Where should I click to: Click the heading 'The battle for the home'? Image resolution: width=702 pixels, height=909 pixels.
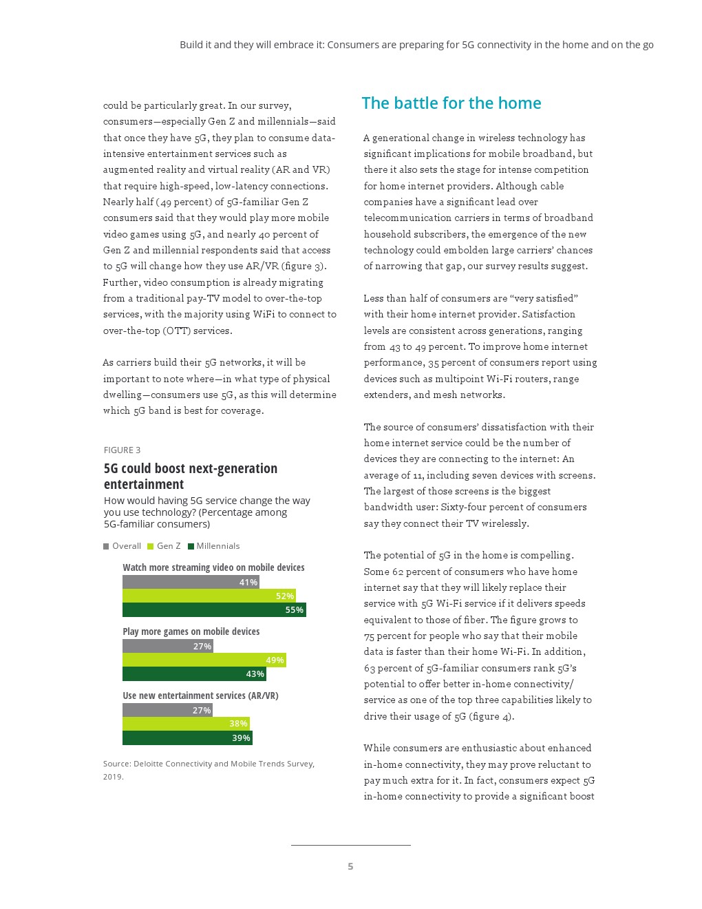pos(451,103)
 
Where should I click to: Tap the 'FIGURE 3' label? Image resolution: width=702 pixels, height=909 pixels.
pos(122,450)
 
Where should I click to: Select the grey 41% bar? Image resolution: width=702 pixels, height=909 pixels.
pos(191,583)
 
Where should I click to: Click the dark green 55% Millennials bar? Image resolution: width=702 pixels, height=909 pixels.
pos(214,610)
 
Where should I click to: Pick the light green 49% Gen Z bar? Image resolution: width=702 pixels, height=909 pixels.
pos(204,660)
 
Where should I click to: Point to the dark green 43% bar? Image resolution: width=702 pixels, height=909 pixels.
pos(194,674)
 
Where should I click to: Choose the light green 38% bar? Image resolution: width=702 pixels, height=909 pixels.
pos(186,724)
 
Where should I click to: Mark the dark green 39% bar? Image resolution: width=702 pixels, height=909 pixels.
pos(187,738)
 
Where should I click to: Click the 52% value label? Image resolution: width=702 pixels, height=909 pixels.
pos(284,596)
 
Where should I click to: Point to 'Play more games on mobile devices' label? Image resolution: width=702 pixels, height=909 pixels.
pos(191,631)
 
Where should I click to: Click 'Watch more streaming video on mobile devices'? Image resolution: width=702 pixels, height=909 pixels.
pos(213,567)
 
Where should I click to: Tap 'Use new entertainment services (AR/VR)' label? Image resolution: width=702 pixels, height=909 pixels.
pos(200,696)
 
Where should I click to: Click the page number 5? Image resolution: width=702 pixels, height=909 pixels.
pos(350,866)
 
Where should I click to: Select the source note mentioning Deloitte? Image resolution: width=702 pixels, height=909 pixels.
pos(209,770)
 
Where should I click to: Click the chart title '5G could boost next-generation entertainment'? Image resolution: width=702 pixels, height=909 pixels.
pos(191,476)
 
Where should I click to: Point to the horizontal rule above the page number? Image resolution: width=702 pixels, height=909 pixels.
pos(350,845)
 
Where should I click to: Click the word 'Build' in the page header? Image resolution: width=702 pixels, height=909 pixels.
pos(191,45)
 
